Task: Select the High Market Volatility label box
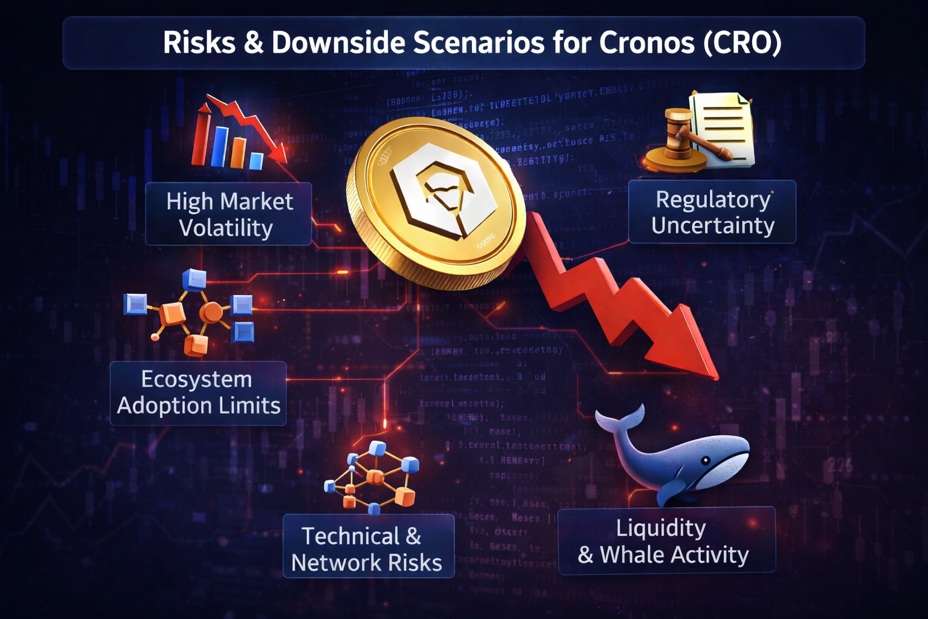pyautogui.click(x=228, y=214)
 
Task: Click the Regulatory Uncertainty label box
pyautogui.click(x=712, y=212)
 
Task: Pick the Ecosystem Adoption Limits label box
pyautogui.click(x=198, y=393)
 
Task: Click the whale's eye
pyautogui.click(x=705, y=461)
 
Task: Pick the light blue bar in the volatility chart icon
pyautogui.click(x=256, y=161)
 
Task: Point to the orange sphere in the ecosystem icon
pyautogui.click(x=211, y=312)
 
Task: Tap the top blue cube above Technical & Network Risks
pyautogui.click(x=378, y=449)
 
